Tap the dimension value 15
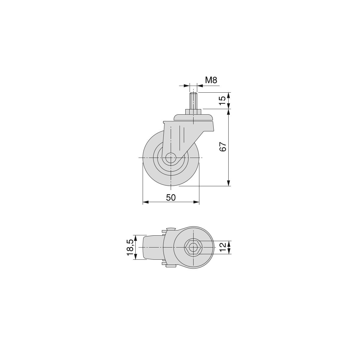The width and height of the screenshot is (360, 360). pyautogui.click(x=223, y=100)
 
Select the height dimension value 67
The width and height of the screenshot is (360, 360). pyautogui.click(x=223, y=147)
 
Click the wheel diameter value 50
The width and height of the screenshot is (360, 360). pyautogui.click(x=171, y=198)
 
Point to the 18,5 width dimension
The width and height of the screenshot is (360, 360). pyautogui.click(x=130, y=247)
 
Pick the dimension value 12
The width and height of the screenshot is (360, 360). pyautogui.click(x=223, y=247)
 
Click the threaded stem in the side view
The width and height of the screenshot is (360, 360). pyautogui.click(x=193, y=101)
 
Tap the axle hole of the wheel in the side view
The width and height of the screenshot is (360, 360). pyautogui.click(x=171, y=158)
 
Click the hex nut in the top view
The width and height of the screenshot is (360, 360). pyautogui.click(x=193, y=247)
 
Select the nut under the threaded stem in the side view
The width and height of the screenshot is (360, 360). pyautogui.click(x=193, y=112)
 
